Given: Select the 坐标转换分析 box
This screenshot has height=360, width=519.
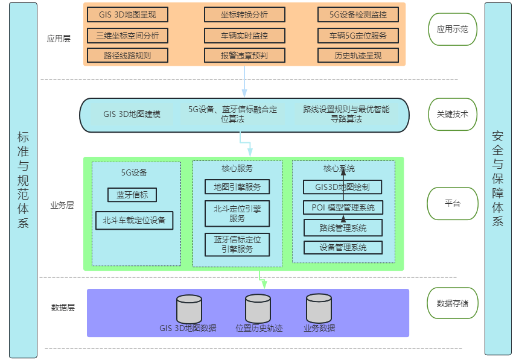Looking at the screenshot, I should coord(244,14).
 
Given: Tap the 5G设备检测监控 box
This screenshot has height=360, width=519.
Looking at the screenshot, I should coord(358,14).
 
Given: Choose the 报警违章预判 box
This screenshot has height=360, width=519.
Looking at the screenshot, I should coord(244,55).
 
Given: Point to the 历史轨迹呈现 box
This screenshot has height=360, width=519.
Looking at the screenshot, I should coord(358,55).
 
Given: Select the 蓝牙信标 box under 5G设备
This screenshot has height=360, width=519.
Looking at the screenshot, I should coord(132,195).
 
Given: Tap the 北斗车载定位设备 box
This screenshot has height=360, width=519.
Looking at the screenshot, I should coord(134,220).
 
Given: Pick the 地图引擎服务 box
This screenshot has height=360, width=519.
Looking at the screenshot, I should coord(237,186).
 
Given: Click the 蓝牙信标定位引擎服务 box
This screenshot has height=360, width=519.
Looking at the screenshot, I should coord(237,244).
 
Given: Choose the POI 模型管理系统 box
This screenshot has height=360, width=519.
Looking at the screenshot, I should coord(343,207).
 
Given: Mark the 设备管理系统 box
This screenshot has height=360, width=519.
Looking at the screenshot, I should coord(343,247).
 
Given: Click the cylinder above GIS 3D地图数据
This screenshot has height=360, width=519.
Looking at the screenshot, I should coord(189,309).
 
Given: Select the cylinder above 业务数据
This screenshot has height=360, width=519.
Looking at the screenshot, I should coord(319,309).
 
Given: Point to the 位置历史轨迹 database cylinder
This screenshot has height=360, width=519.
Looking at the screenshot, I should coord(258,309).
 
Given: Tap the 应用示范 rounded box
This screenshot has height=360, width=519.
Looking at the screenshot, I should coord(453,28).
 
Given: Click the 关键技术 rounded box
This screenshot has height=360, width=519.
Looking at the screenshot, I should coord(453,114).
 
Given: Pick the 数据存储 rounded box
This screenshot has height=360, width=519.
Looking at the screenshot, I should coord(453,303).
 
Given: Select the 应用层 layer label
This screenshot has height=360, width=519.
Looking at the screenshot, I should coord(59,39).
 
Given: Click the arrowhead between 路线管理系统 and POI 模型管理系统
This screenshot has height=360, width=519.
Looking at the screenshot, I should coord(343,218).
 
